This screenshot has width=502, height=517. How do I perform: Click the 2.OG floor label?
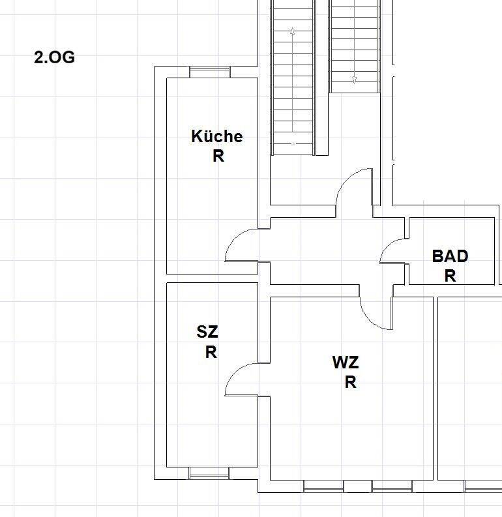(x=54, y=57)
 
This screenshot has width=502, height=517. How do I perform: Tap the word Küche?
(x=217, y=136)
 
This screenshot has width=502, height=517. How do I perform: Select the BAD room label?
(x=450, y=256)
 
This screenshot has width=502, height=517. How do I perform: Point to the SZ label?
(x=207, y=332)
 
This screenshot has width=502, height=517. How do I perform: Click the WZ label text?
(x=346, y=362)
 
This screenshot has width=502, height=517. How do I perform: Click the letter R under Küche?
(x=218, y=156)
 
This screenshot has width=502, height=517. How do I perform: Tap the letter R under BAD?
(x=450, y=276)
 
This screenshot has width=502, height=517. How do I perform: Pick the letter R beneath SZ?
(x=211, y=352)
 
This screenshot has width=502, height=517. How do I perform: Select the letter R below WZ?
(x=350, y=383)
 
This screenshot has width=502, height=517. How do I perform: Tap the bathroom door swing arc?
(x=387, y=246)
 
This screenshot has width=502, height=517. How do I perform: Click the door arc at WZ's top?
(x=368, y=320)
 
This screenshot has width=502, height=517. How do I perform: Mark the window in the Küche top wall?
(x=210, y=72)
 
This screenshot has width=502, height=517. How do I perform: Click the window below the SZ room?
(x=209, y=473)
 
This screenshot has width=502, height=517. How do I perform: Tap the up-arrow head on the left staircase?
(x=292, y=31)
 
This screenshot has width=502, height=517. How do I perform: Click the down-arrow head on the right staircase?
(x=354, y=80)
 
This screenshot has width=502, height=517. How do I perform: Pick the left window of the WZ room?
(x=323, y=486)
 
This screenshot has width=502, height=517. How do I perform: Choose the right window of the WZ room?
(x=392, y=486)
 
